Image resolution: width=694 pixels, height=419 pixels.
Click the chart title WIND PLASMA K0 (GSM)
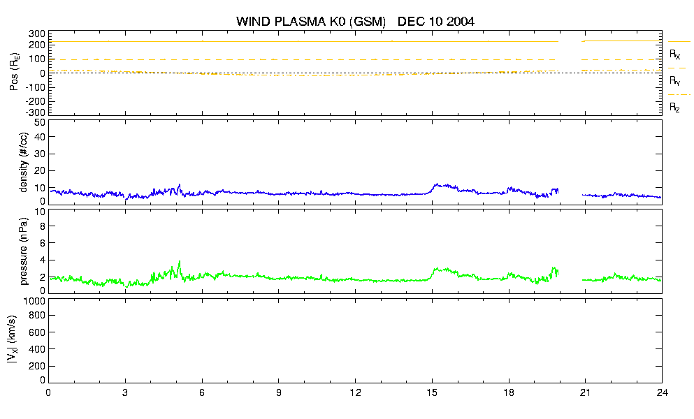coord(311,21)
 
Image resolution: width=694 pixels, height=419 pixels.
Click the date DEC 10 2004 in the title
coord(436,21)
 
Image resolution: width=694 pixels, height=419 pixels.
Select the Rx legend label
coord(674,54)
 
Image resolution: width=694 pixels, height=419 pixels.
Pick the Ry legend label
coord(674,81)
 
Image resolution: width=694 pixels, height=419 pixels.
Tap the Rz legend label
coord(674,108)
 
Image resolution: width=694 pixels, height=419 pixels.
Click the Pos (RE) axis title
coord(14,72)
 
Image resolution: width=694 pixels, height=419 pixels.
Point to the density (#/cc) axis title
coord(24,162)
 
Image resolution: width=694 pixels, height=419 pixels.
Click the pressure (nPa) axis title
coord(24,251)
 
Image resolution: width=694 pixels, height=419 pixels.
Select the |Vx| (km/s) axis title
coord(12,339)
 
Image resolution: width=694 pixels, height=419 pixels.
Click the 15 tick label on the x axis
coord(432,392)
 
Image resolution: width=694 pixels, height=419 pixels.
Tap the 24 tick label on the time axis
coord(662,392)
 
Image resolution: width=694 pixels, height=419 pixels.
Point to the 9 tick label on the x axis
coord(278,392)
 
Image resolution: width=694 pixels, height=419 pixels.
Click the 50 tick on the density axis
coord(40,123)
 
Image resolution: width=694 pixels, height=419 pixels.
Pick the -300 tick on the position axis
coord(36,112)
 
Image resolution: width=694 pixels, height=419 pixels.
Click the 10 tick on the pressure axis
coord(40,212)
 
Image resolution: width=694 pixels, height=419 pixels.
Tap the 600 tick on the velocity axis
coord(38,332)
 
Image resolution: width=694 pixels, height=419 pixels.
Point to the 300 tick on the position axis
coord(38,34)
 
